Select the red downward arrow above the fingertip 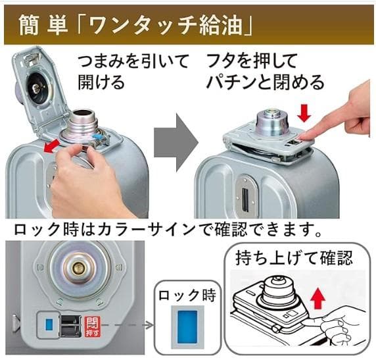[303, 113]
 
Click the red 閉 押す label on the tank [92, 324]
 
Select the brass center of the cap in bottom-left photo [78, 269]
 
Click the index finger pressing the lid [316, 136]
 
